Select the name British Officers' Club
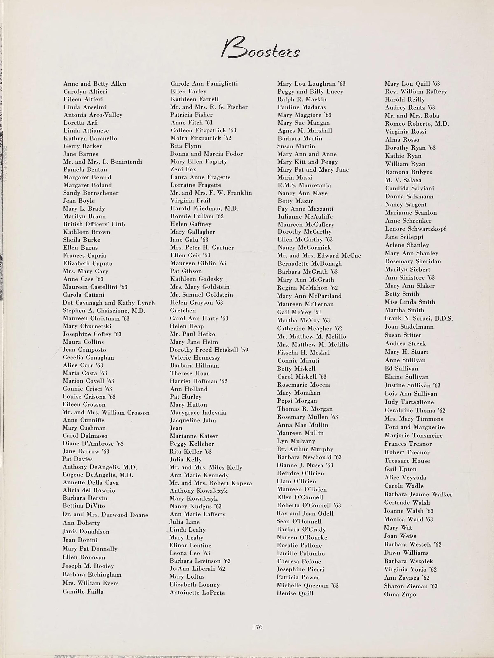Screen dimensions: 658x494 point(94,224)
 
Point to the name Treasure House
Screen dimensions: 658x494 point(407,460)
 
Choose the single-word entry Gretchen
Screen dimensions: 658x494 point(183,310)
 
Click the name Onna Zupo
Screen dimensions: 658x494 point(400,594)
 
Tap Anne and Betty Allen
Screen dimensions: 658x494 point(95,84)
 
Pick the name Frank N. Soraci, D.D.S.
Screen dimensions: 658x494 point(418,319)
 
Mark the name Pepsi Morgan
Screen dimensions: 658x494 point(297,401)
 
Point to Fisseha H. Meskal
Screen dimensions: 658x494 point(303,352)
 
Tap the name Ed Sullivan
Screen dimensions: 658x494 point(401,369)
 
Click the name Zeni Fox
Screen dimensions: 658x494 point(183,169)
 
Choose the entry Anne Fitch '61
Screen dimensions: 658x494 point(192,123)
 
